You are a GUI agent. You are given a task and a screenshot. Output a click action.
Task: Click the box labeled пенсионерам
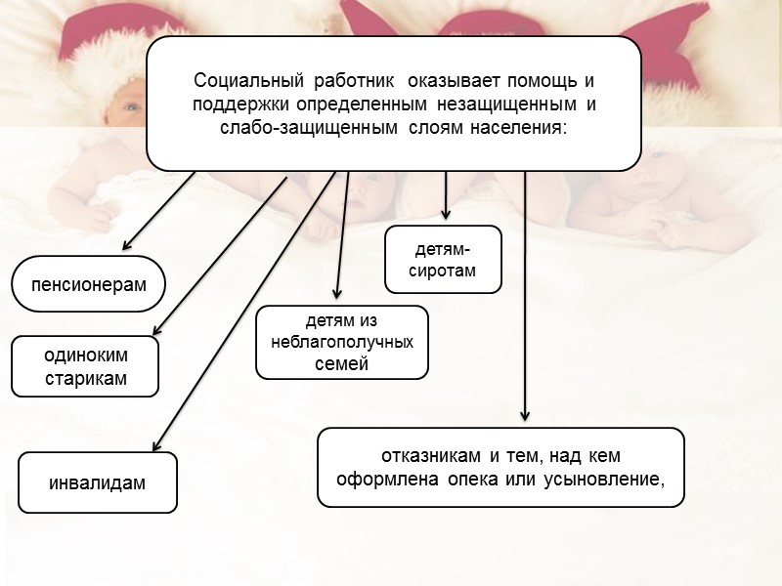(89, 284)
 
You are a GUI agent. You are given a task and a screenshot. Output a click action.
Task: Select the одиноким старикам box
(85, 366)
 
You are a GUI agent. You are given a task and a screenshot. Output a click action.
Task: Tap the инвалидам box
(98, 482)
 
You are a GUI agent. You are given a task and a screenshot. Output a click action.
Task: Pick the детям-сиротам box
(443, 260)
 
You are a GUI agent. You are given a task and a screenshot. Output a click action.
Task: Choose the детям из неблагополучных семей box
(342, 342)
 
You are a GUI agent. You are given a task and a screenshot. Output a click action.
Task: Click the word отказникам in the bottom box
(430, 456)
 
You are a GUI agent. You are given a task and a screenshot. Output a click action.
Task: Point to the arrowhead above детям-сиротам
(446, 214)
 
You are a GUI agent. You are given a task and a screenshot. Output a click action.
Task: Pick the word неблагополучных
(342, 343)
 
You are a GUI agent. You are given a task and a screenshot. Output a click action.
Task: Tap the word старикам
(86, 378)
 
